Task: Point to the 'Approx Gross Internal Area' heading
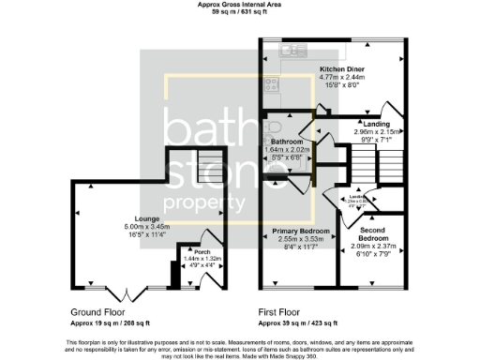pos(240,5)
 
